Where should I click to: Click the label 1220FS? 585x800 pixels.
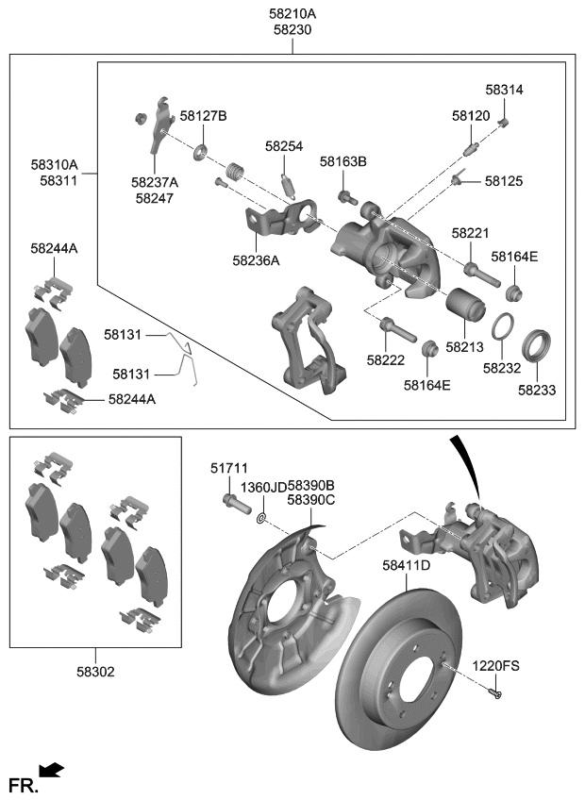pos(496,666)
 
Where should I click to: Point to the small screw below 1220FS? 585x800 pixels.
pos(497,694)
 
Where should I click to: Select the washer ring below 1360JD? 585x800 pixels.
pos(261,515)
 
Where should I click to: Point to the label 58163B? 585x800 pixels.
pos(343,162)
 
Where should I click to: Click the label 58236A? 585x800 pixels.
pos(256,260)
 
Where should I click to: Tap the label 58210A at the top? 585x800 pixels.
pos(292,13)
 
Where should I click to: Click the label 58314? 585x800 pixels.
pos(504,90)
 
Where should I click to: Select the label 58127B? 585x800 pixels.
pos(204,116)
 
